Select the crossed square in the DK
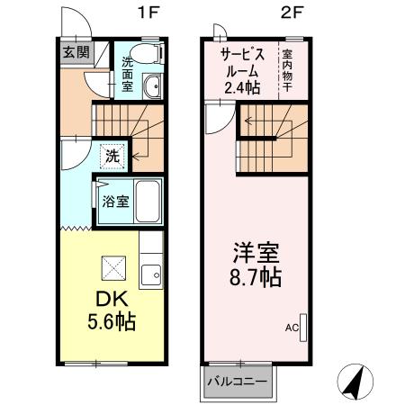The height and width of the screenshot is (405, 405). point(114,267)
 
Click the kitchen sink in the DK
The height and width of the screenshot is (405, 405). point(151,273)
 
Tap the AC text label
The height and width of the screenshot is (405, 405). point(291,328)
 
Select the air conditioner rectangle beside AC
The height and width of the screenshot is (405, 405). point(302,327)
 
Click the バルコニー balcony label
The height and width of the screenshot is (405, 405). point(237,382)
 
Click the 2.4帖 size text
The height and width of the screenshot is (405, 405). point(243,87)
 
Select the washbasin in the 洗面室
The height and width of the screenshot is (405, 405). point(151,87)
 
